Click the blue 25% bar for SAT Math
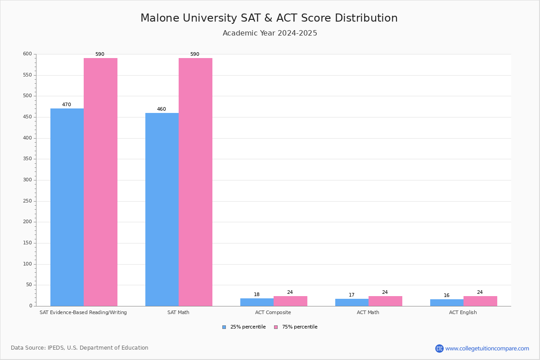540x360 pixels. (x=162, y=210)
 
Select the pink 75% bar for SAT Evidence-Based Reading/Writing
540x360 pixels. (x=100, y=182)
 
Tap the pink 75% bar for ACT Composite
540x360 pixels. (x=291, y=301)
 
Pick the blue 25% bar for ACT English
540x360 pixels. (x=447, y=303)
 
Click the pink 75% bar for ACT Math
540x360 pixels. (x=386, y=301)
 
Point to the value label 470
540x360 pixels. (x=67, y=105)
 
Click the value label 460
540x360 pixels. (x=162, y=109)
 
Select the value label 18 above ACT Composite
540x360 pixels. (x=256, y=294)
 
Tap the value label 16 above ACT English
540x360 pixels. (x=446, y=295)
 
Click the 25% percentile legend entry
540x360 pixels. (x=244, y=327)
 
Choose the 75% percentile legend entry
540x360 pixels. (x=296, y=327)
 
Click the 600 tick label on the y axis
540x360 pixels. (x=27, y=54)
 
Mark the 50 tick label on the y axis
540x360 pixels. (x=29, y=285)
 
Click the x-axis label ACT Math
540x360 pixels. (x=368, y=312)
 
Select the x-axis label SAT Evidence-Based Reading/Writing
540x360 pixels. (x=83, y=312)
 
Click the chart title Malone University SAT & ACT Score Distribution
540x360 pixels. (x=269, y=18)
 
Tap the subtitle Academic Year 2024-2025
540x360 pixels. (x=270, y=33)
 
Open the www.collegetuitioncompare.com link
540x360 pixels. (x=482, y=348)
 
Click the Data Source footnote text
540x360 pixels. (x=80, y=348)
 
